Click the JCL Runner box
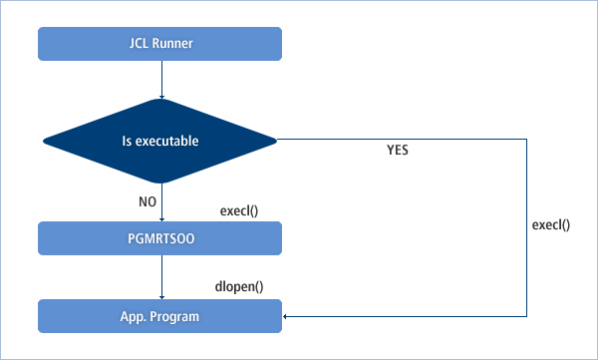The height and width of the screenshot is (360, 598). [159, 44]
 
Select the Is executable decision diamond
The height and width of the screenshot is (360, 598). [159, 141]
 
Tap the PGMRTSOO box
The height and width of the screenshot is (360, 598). [159, 238]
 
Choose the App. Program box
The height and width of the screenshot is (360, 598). [159, 316]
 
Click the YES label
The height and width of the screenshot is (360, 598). [398, 153]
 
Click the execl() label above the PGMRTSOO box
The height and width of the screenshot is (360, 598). [239, 212]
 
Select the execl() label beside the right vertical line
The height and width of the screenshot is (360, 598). [551, 225]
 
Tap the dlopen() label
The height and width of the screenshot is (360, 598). [239, 287]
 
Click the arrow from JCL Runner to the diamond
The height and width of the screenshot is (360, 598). [160, 80]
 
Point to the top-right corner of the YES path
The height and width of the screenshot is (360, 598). [525, 140]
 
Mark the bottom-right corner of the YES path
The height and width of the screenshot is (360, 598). [525, 316]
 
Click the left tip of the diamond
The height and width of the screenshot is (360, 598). [43, 141]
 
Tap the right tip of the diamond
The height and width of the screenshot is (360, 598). [276, 141]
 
